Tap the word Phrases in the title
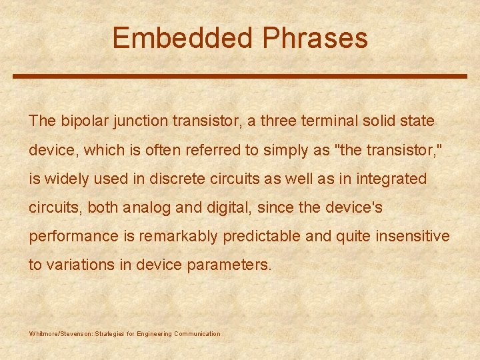(x=315, y=38)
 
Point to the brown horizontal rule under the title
(x=240, y=76)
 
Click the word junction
(x=140, y=121)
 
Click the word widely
(x=64, y=179)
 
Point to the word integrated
(x=393, y=179)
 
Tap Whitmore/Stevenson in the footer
(x=61, y=334)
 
